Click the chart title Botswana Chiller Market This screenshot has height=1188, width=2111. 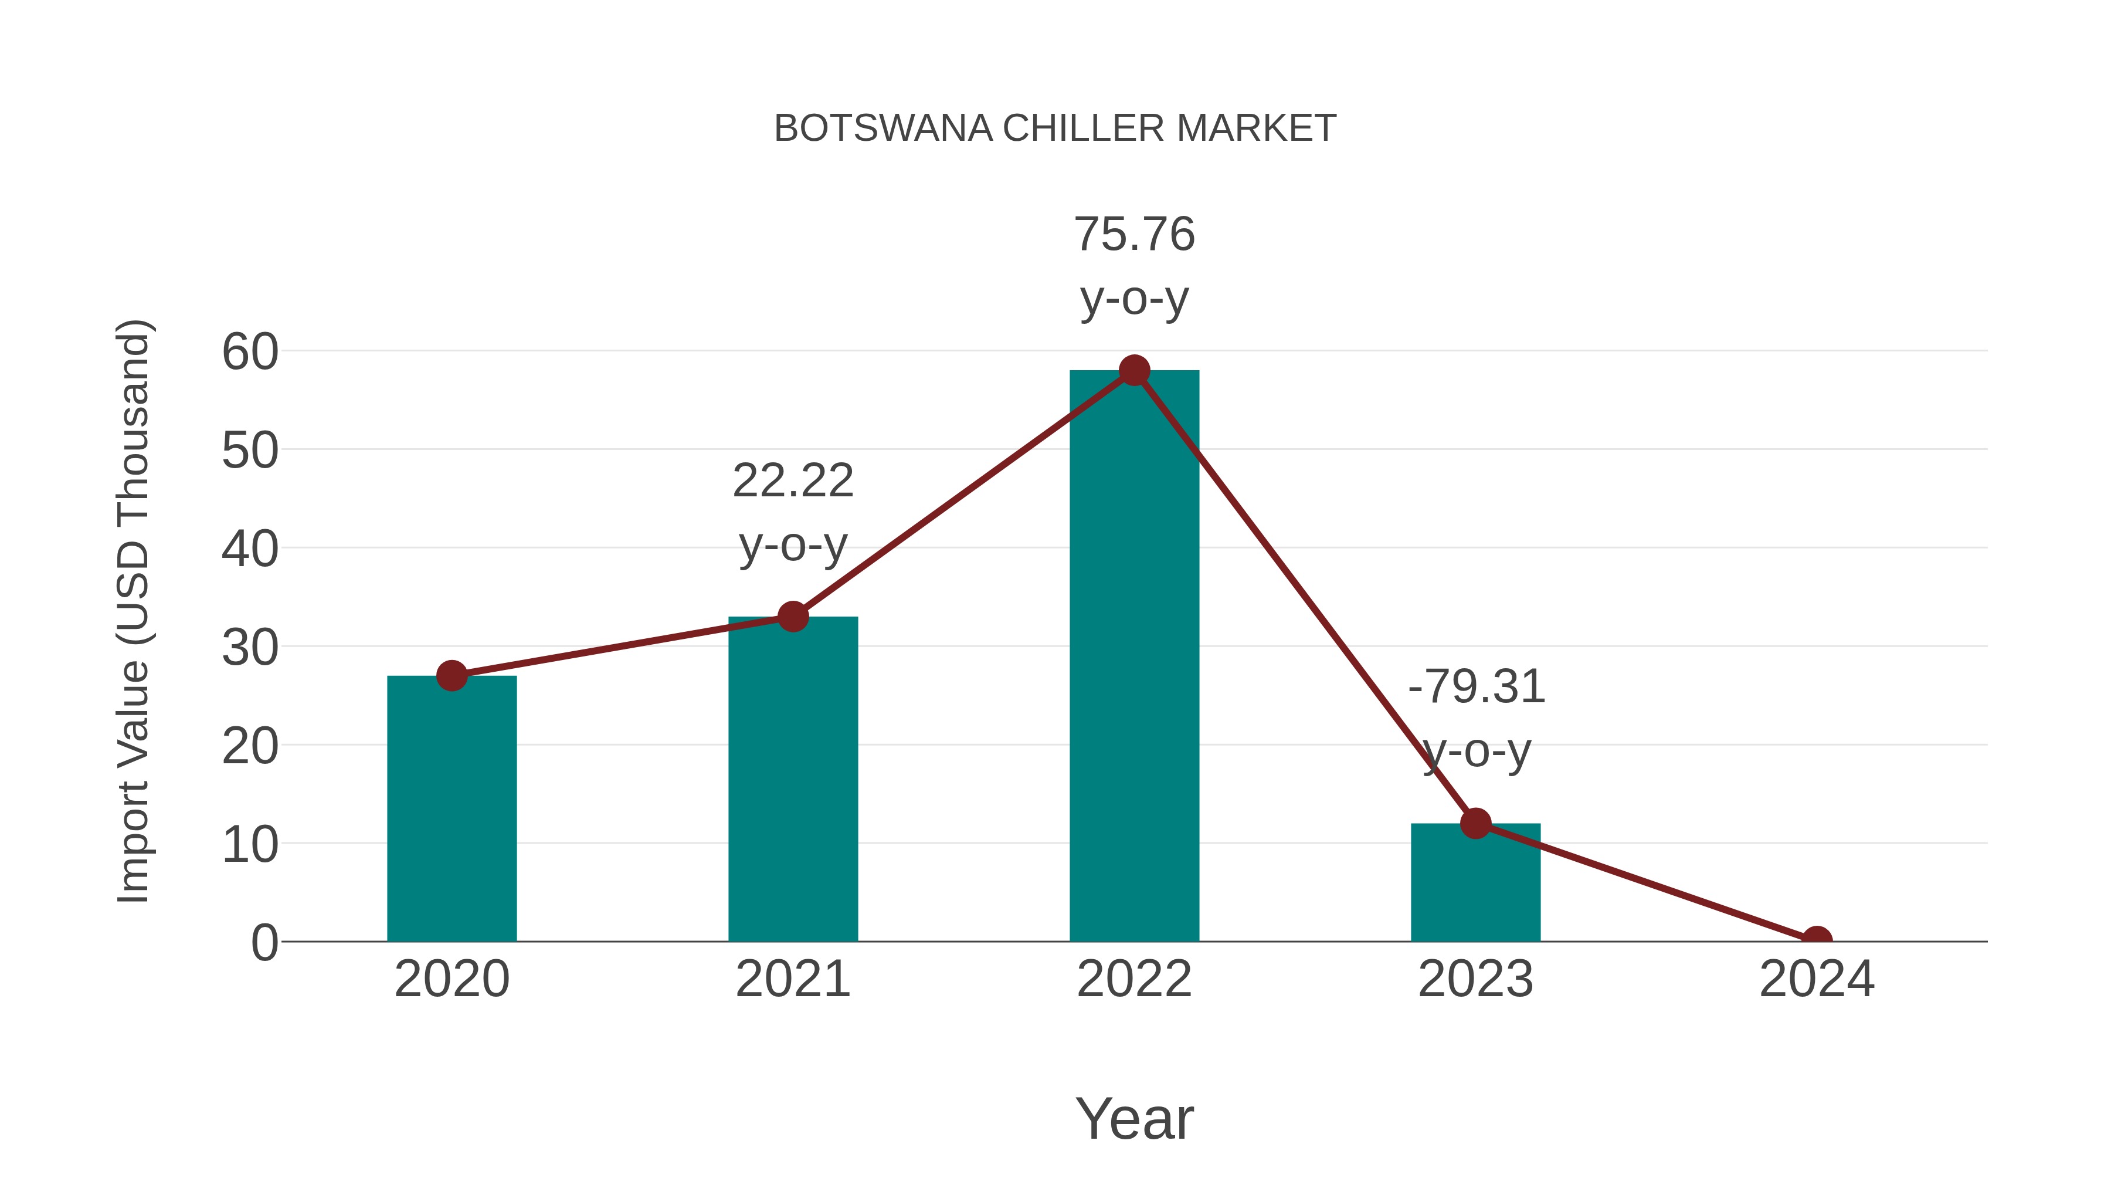[x=1055, y=128]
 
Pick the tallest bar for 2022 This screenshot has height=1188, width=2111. [x=1134, y=656]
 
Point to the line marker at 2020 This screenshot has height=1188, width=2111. [x=452, y=676]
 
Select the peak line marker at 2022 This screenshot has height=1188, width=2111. [x=1134, y=371]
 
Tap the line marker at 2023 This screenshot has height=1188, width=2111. [x=1475, y=823]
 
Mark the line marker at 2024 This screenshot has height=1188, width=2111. [x=1817, y=940]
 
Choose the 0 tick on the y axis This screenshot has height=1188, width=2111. [x=264, y=943]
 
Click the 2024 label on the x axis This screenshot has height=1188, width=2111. [x=1817, y=979]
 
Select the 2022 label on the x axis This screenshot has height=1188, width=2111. [x=1134, y=979]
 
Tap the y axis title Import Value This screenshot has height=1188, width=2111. [x=133, y=611]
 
